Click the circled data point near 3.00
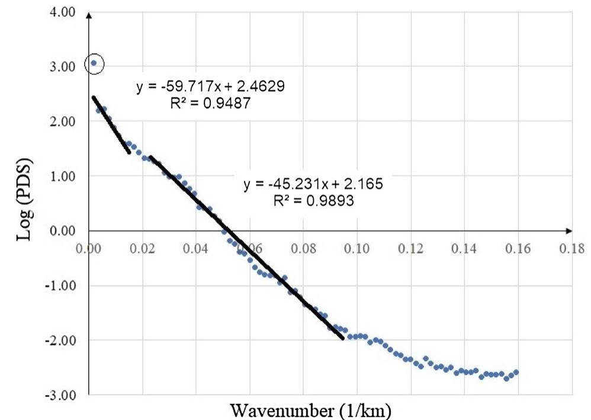[x=94, y=63]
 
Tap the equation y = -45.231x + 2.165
[x=313, y=184]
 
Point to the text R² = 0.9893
[x=314, y=200]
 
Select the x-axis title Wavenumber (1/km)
[x=311, y=409]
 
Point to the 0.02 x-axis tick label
[x=142, y=248]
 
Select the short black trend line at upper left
[x=111, y=124]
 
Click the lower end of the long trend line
[x=343, y=338]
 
